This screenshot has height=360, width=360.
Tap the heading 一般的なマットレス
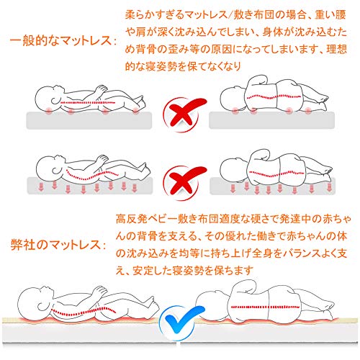[63, 40]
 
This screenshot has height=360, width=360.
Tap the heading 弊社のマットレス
[58, 245]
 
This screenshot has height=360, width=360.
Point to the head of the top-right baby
[233, 99]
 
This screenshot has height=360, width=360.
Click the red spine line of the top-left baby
[87, 103]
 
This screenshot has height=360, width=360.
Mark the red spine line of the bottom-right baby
[265, 307]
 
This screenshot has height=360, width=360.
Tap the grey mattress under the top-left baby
[89, 120]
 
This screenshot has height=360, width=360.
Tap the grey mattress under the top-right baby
[271, 120]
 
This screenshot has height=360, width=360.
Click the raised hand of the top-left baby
[101, 89]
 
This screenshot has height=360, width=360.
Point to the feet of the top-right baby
[320, 102]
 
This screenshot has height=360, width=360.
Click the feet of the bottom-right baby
[328, 309]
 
